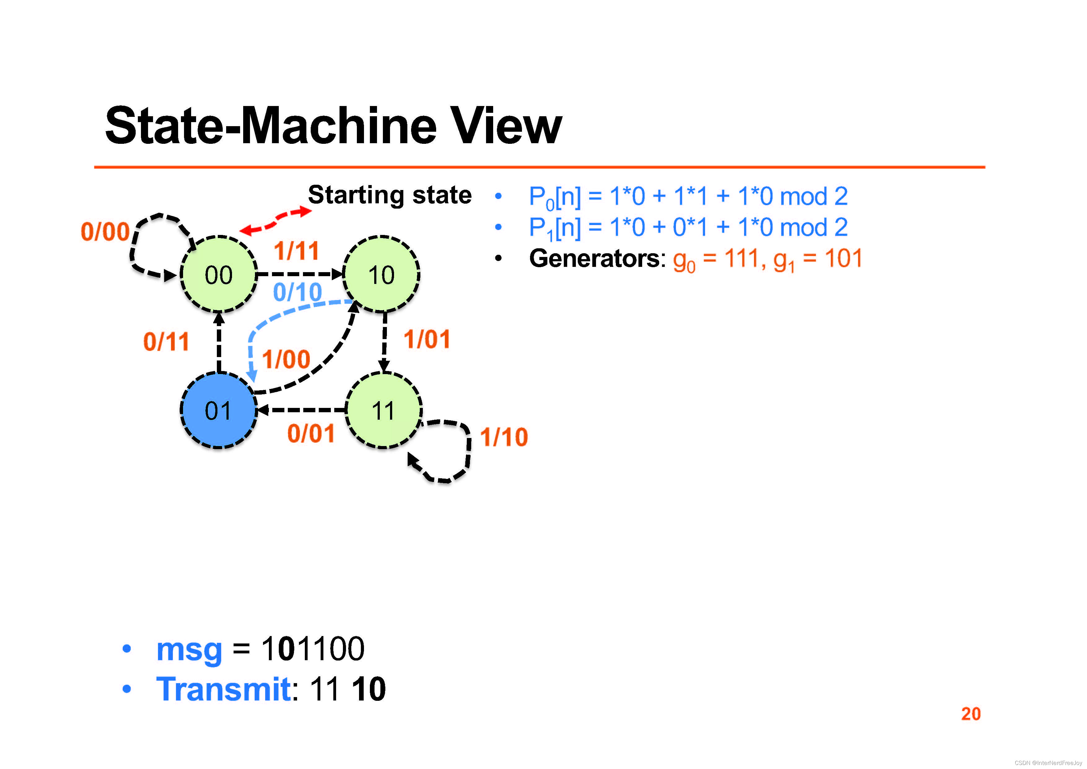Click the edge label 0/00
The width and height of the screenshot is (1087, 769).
coord(105,232)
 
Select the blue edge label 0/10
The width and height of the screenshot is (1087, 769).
coord(297,292)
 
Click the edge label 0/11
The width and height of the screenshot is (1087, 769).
coord(166,341)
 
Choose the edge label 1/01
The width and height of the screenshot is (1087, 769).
coord(427,339)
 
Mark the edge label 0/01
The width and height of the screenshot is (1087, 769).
coord(311,433)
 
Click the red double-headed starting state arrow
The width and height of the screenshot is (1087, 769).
coord(275,220)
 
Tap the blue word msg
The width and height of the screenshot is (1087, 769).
coord(189,649)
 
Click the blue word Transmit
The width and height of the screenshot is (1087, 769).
coord(223,689)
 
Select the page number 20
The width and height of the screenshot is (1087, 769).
coord(971,714)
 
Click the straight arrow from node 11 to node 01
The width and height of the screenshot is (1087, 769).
coord(303,410)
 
